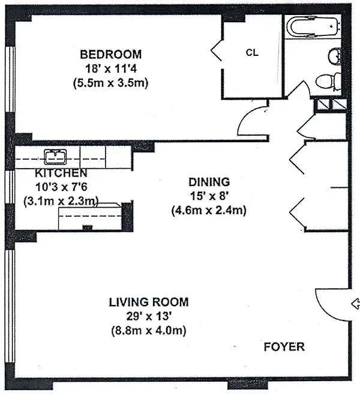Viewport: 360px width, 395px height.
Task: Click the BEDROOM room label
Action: tap(111, 55)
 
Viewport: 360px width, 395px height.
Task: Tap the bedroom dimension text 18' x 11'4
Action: tap(111, 68)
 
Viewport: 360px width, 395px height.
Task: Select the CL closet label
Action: tap(252, 53)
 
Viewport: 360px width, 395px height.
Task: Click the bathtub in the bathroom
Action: tap(313, 26)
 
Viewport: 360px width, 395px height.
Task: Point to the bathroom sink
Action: tap(335, 56)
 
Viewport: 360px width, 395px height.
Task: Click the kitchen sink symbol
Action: tap(56, 157)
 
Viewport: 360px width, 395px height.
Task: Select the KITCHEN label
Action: tap(61, 173)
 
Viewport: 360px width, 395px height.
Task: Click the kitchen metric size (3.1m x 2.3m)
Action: tap(61, 201)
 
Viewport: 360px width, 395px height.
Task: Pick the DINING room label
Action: tap(209, 182)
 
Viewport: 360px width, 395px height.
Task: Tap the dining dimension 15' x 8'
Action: tap(209, 196)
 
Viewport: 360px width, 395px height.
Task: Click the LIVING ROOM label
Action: tap(149, 302)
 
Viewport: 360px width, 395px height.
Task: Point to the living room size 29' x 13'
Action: tap(149, 316)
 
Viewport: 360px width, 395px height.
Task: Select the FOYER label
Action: tap(284, 347)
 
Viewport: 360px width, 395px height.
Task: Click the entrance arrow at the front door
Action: tap(355, 304)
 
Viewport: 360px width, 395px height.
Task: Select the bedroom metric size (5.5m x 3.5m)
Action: tap(111, 83)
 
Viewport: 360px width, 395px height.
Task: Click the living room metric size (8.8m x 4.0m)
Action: tap(149, 330)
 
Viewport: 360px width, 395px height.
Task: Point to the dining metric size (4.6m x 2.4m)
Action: tap(209, 210)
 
